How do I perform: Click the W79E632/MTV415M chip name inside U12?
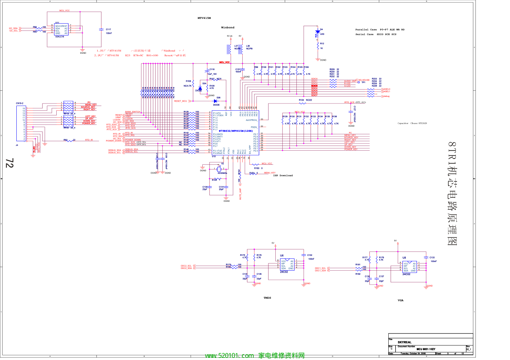(235, 131)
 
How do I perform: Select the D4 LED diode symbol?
(318, 32)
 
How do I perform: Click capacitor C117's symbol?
(101, 30)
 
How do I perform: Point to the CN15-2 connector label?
(20, 103)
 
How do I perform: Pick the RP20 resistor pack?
(68, 121)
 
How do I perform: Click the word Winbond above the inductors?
(228, 28)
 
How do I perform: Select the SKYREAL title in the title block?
(404, 342)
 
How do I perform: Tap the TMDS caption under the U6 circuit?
(267, 298)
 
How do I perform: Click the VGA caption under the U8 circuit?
(400, 300)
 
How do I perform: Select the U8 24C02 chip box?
(409, 267)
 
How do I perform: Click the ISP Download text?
(283, 176)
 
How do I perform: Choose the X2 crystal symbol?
(219, 169)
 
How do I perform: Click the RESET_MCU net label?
(181, 101)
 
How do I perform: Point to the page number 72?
(9, 163)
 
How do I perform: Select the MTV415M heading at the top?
(204, 18)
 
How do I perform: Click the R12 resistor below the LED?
(318, 46)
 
